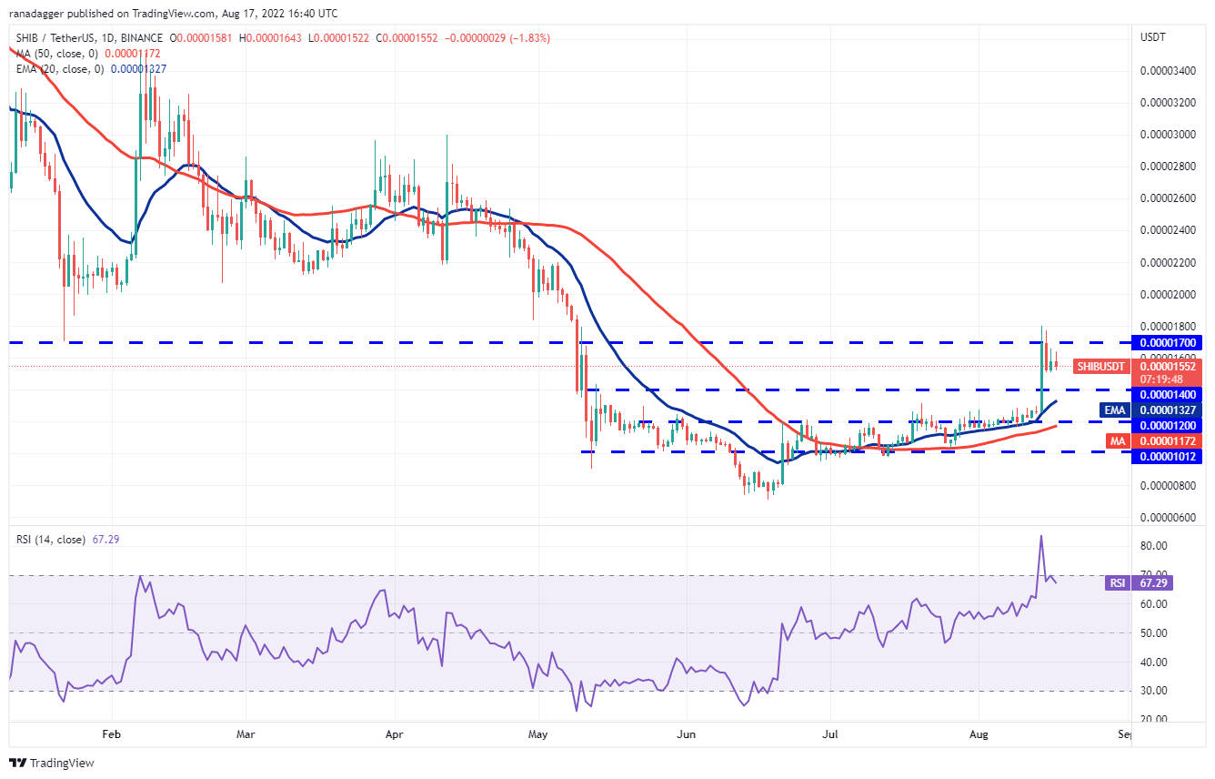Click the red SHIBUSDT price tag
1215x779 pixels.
(1100, 366)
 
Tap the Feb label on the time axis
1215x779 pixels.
(111, 733)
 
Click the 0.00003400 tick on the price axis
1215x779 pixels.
(1167, 70)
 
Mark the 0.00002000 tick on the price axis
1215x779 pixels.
(1167, 294)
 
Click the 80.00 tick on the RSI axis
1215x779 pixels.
(1154, 545)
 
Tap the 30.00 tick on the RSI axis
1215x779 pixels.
(1154, 691)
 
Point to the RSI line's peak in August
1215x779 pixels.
(1040, 536)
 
